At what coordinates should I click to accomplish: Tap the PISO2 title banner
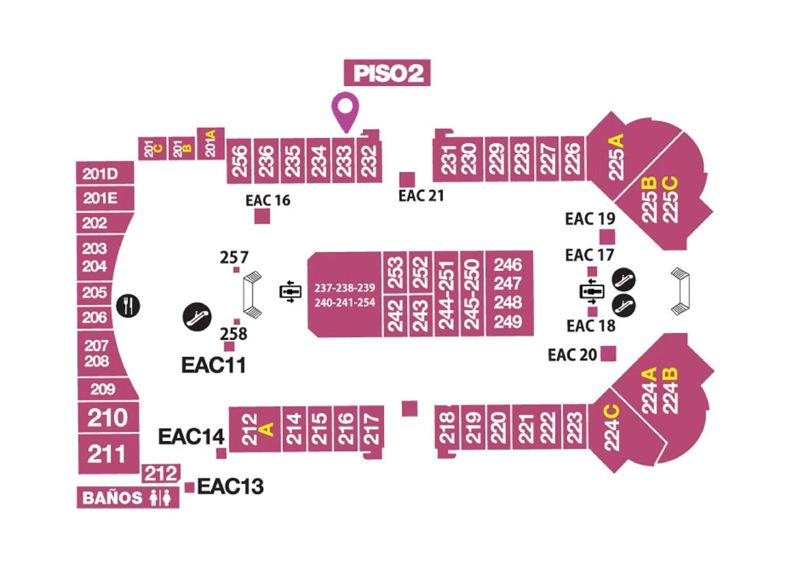(x=387, y=73)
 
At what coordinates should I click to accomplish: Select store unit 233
(x=344, y=160)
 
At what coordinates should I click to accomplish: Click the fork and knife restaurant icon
(x=128, y=306)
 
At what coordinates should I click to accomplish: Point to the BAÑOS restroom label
(x=128, y=498)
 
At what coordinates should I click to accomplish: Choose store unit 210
(x=108, y=418)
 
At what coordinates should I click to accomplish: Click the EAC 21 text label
(x=421, y=195)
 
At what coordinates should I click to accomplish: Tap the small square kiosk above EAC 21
(x=407, y=179)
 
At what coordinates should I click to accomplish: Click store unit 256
(x=239, y=161)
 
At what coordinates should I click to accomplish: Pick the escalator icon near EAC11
(x=197, y=317)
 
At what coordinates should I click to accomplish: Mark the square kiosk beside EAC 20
(x=608, y=354)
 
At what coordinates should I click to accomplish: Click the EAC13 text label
(x=230, y=486)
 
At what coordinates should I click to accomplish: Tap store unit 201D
(x=105, y=173)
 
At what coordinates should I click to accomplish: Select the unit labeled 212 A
(x=255, y=429)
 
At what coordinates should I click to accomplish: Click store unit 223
(x=574, y=427)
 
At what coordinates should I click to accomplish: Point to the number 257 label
(x=234, y=257)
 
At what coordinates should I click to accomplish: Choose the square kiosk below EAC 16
(x=262, y=216)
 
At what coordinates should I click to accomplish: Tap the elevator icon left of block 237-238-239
(x=290, y=292)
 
